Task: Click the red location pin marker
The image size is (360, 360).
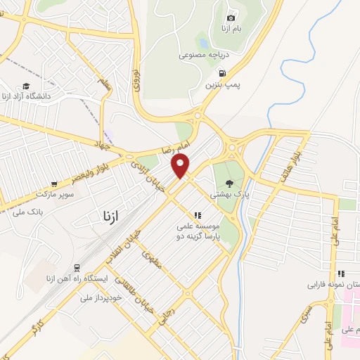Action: pyautogui.click(x=181, y=165)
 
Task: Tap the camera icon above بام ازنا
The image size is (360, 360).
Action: pyautogui.click(x=231, y=18)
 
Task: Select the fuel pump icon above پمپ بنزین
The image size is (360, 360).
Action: pyautogui.click(x=223, y=73)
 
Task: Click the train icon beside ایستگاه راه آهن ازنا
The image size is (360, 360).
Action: pyautogui.click(x=76, y=269)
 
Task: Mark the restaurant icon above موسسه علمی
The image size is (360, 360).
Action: pyautogui.click(x=198, y=215)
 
